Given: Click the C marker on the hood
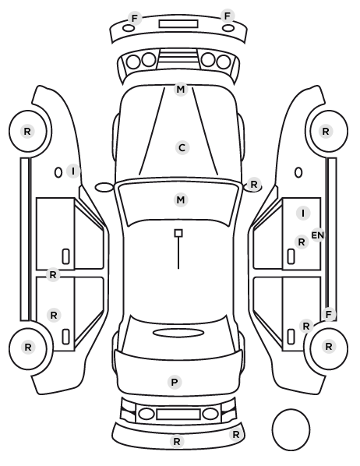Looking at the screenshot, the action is click(182, 148).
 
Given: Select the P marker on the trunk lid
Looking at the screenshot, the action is click(175, 382).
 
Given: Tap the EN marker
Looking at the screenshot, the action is click(317, 235).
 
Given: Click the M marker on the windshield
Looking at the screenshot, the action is click(181, 199).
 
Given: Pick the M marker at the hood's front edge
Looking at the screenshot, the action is click(181, 89).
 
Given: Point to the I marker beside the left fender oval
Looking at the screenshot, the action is click(73, 171).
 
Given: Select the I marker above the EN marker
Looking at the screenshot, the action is click(303, 213).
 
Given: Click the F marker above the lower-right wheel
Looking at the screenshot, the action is click(329, 314).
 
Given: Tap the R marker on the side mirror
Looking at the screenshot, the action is click(253, 184).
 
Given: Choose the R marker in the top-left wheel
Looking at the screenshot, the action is click(27, 132).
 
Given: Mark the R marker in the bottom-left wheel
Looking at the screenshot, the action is click(28, 347).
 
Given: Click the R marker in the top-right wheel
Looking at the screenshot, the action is click(326, 132).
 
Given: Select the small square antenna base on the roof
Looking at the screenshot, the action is click(178, 233).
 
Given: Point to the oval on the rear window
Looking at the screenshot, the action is click(178, 333).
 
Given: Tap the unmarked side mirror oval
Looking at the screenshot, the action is click(104, 188).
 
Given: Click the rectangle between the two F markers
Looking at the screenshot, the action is click(178, 24).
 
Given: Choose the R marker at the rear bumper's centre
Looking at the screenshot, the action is click(177, 441).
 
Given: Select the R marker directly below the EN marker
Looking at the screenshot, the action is click(302, 242).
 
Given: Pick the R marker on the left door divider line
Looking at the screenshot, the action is click(53, 275).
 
